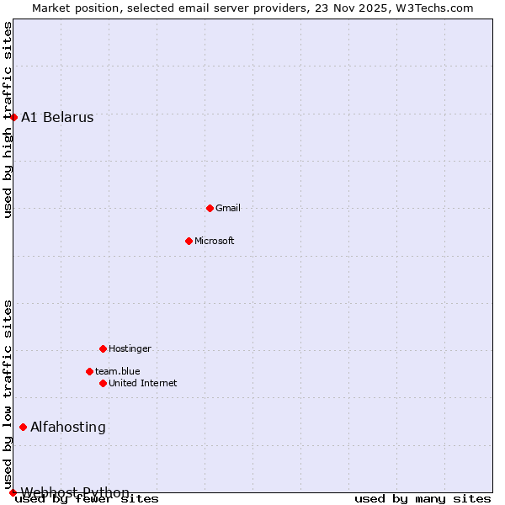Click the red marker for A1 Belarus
(13, 117)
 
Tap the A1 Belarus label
(57, 118)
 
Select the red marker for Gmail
(210, 208)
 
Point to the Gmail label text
(228, 209)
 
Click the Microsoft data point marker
(189, 241)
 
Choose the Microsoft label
(215, 242)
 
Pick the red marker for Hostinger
(103, 348)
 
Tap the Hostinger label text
(130, 349)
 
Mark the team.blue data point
(89, 371)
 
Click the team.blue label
(118, 371)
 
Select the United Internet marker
(103, 383)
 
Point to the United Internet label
(143, 384)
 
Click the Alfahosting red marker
(23, 427)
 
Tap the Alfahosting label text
(68, 428)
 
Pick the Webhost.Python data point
(13, 492)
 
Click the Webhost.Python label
(75, 492)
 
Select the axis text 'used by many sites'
(423, 499)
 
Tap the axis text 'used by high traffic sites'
(8, 120)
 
